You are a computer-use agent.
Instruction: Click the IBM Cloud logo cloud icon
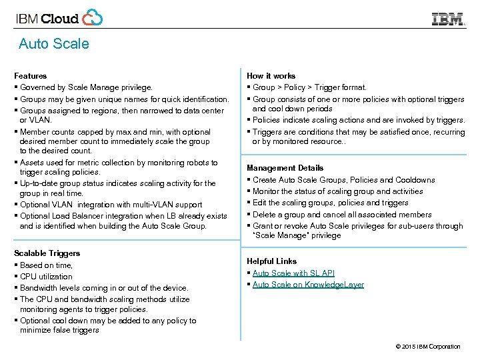point(93,17)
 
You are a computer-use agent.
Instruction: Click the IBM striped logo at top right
point(448,19)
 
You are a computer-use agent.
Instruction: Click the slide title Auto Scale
point(53,44)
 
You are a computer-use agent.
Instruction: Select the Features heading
point(31,76)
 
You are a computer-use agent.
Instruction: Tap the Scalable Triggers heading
point(47,253)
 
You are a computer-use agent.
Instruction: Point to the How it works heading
point(271,76)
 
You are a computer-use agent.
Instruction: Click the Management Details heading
point(285,168)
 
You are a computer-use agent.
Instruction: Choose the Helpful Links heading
point(271,261)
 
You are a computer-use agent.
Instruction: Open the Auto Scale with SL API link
point(293,273)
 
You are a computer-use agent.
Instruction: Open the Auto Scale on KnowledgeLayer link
point(308,285)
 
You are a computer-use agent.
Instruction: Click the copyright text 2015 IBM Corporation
point(427,347)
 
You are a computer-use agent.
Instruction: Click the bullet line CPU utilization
point(46,277)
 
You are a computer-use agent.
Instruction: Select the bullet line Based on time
point(46,265)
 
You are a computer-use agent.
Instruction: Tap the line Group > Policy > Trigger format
point(309,87)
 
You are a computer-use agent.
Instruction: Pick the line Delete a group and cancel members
point(342,215)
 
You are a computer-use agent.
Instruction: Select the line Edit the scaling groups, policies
point(331,203)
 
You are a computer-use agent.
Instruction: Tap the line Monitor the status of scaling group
point(338,191)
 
